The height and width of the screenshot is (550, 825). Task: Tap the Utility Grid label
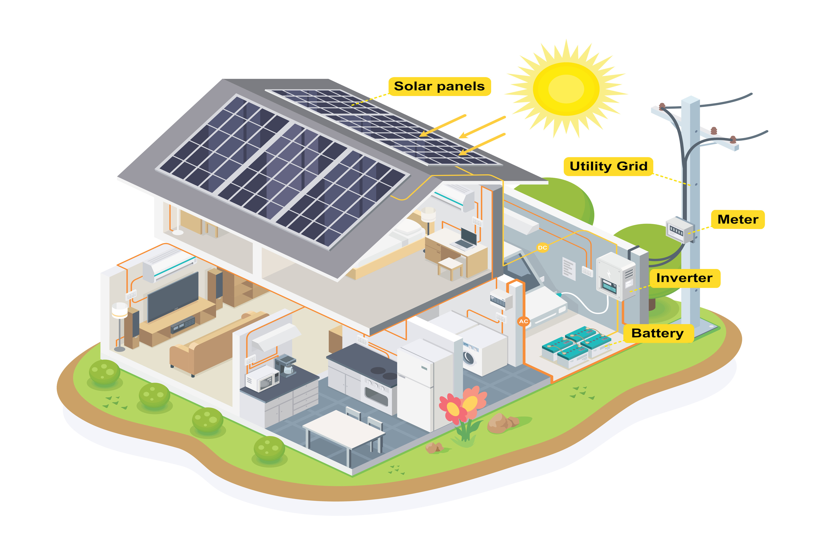click(608, 166)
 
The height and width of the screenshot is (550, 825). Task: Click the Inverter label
click(684, 278)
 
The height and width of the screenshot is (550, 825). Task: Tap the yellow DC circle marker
click(542, 248)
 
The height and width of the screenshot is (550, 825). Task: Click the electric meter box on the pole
click(679, 230)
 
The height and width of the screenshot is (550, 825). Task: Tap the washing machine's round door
click(469, 358)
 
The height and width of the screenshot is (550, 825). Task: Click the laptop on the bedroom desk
click(467, 239)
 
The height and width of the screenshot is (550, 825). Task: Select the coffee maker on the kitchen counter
click(286, 365)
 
